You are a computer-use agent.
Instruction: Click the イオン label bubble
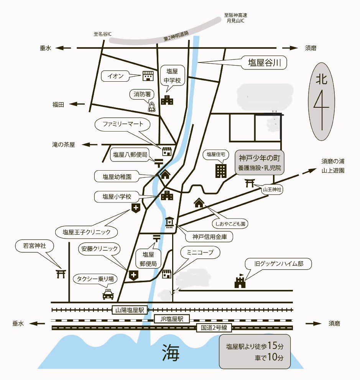click(x=115, y=76)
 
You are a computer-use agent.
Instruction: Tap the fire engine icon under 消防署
click(x=152, y=107)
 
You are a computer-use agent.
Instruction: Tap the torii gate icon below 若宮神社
click(x=60, y=273)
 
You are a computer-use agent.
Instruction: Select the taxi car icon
click(x=108, y=294)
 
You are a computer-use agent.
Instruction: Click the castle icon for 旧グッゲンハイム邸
click(x=240, y=282)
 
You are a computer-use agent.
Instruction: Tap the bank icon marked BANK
click(x=169, y=222)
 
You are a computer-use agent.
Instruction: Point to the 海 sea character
click(x=171, y=352)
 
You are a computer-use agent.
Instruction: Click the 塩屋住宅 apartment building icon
click(x=221, y=171)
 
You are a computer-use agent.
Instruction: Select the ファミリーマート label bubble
click(x=123, y=124)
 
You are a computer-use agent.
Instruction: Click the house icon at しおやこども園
click(x=199, y=202)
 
